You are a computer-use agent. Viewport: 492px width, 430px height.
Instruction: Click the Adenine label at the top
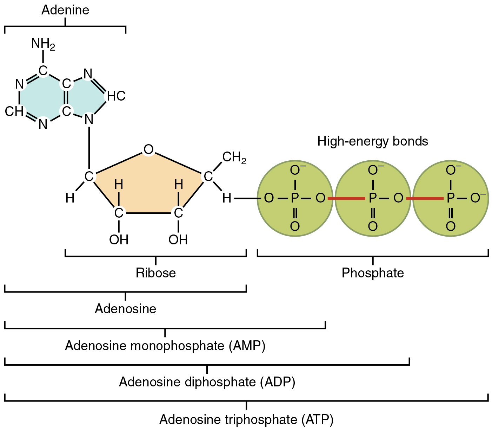click(65, 10)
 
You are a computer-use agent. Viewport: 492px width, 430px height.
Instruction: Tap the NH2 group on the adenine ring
click(43, 44)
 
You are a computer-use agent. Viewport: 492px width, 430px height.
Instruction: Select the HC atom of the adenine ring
click(116, 96)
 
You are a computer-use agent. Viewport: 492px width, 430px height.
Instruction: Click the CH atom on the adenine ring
click(14, 111)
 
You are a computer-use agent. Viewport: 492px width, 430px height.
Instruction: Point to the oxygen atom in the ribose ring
click(148, 150)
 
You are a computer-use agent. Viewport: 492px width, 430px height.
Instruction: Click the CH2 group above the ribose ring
click(234, 158)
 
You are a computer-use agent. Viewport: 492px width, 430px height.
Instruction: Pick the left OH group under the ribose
click(119, 240)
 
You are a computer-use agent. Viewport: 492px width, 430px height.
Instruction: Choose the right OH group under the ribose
click(178, 240)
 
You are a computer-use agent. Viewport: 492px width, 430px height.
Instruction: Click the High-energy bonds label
click(373, 141)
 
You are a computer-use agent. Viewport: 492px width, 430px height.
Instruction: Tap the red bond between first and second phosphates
click(346, 199)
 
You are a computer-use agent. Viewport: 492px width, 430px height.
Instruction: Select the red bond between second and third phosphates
click(425, 199)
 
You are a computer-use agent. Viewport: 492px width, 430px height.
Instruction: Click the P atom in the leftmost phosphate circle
click(295, 199)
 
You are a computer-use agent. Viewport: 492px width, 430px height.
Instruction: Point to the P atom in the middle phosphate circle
click(373, 199)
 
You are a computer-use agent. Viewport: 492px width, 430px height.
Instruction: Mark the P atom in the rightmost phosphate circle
click(451, 199)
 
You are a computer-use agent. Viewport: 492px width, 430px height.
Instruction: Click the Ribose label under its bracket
click(156, 273)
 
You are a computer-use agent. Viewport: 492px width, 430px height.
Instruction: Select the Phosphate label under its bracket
click(373, 273)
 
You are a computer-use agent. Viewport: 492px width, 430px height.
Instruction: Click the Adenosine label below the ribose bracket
click(125, 309)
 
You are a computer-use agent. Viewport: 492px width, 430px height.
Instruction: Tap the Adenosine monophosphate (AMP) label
click(165, 346)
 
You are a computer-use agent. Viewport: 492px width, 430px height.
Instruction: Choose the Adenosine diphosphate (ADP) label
click(207, 382)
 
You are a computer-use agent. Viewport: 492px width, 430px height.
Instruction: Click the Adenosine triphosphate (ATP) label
click(246, 419)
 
